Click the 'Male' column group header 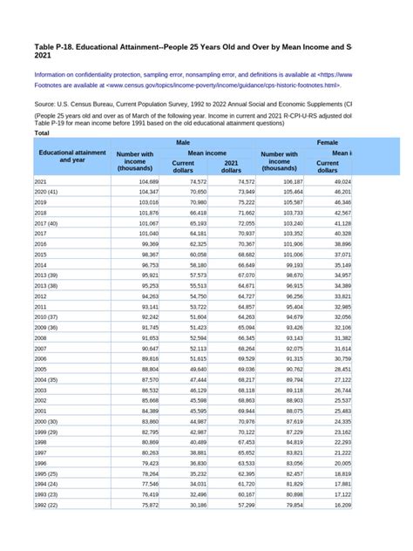[183, 141]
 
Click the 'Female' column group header [328, 141]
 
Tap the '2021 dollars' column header [231, 167]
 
